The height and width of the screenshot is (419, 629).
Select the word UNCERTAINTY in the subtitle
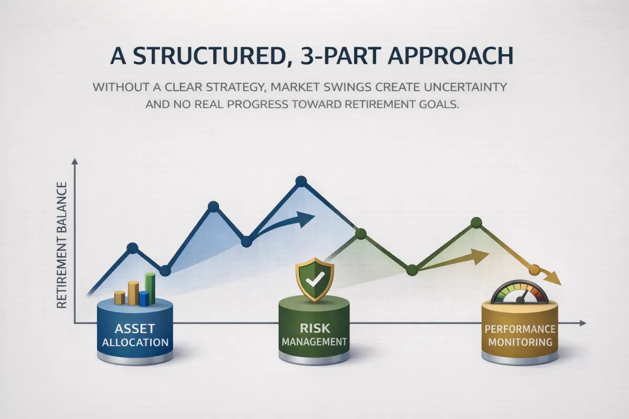coord(465,87)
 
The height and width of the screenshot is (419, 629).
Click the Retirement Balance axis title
coord(62,245)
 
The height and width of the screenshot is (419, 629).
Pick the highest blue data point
coord(301,182)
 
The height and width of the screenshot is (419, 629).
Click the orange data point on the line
coord(534,270)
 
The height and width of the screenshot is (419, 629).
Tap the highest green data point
coord(476,223)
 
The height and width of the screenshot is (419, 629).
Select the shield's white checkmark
coord(315,279)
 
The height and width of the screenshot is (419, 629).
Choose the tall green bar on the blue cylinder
coord(150,289)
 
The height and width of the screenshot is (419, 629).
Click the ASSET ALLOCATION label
coord(135,335)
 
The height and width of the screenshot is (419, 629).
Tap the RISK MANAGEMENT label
coord(314,335)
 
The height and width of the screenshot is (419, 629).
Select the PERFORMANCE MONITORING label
coord(520,335)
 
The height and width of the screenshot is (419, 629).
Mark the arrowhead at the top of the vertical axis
coord(74,161)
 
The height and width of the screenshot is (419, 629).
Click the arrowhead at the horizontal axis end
coord(583,323)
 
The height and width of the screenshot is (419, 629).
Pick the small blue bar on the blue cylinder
coord(144,299)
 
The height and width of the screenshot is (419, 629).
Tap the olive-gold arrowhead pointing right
coord(480,256)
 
